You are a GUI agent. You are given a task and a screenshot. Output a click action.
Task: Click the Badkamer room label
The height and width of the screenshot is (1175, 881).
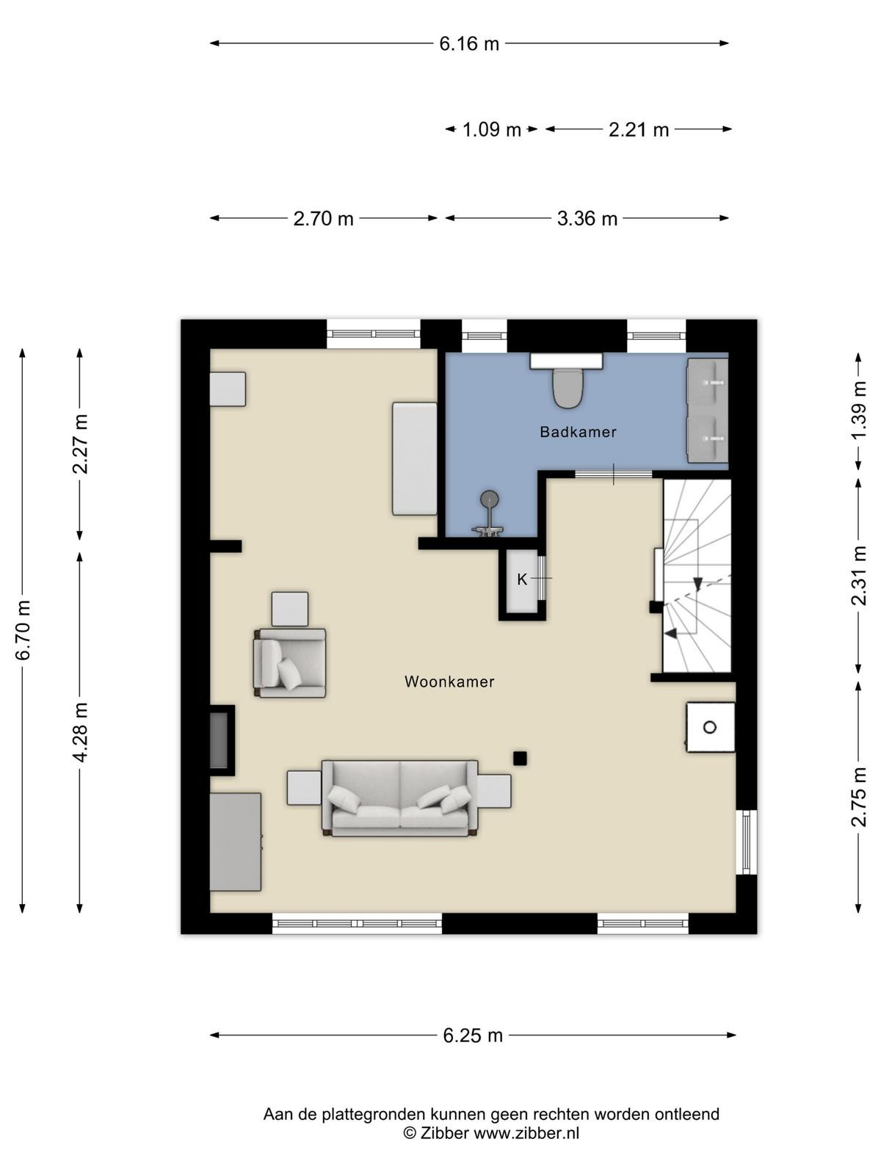pos(578,432)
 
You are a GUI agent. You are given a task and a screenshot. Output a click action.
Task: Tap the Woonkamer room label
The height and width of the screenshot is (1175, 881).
pos(449,681)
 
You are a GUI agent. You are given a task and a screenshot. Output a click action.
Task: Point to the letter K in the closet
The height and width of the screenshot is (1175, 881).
pos(522,579)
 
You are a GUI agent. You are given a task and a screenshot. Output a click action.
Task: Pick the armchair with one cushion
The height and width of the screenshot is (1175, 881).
pos(290,663)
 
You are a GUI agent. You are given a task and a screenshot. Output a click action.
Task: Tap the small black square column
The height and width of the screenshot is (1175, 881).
pos(519,758)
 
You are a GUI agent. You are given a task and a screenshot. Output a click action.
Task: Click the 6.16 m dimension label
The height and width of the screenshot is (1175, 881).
pos(469,44)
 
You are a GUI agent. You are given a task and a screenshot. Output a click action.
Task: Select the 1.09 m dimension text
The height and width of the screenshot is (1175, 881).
pos(491,129)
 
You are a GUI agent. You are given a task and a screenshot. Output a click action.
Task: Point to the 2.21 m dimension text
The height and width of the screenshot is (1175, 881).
pos(639,129)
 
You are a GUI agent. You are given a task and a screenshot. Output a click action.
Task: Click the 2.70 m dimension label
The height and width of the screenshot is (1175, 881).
pos(323,218)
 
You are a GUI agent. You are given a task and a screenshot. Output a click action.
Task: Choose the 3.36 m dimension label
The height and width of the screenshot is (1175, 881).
pos(587,218)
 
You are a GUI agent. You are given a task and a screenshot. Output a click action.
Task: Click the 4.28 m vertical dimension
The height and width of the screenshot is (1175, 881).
pos(80,731)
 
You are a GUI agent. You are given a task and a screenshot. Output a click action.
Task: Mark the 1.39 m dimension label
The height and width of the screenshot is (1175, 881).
pos(858,410)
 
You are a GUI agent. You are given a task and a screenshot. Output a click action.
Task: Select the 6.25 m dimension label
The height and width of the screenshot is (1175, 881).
pos(473,1035)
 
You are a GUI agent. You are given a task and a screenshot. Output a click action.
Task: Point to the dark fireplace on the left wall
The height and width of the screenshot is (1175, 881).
pos(222,740)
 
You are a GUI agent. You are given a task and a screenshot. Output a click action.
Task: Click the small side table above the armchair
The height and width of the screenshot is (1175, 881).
pos(290,610)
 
